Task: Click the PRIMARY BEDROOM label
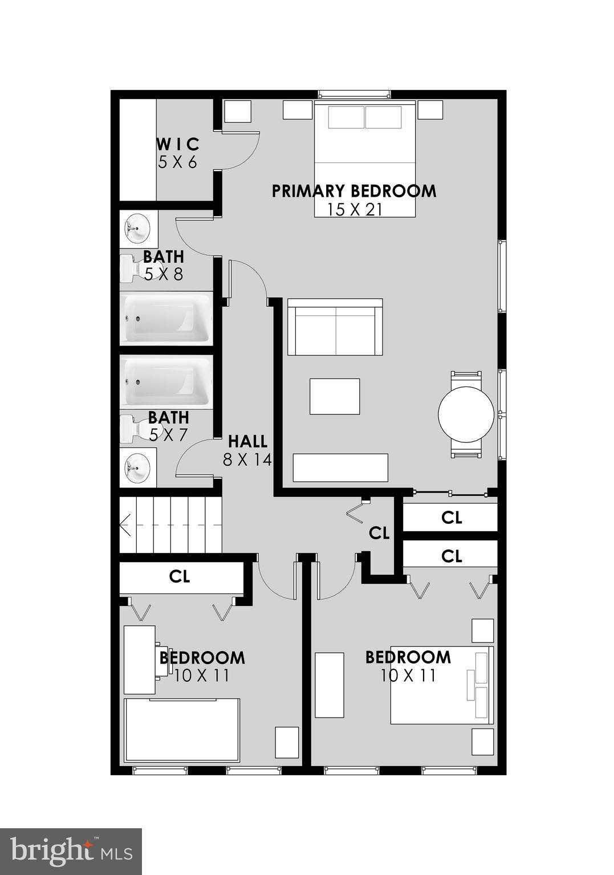click(353, 191)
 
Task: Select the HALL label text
click(247, 441)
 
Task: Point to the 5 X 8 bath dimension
click(164, 275)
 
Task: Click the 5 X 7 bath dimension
click(168, 436)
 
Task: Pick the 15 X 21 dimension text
click(354, 210)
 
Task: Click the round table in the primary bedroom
click(466, 414)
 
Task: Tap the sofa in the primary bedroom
click(335, 327)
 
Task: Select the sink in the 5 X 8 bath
click(137, 228)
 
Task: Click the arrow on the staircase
click(125, 525)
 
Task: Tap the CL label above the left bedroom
click(179, 576)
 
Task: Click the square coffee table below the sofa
click(335, 396)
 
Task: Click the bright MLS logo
click(71, 851)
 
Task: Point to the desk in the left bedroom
click(140, 660)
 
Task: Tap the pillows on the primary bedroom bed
click(364, 118)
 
